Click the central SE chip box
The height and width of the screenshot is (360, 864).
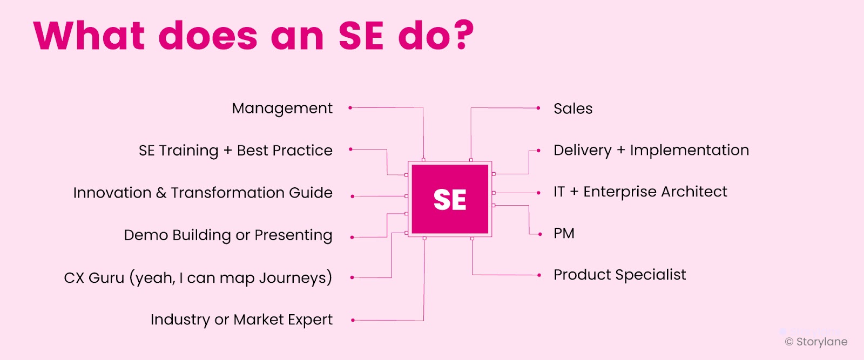click(450, 199)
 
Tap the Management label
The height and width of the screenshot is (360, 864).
click(282, 109)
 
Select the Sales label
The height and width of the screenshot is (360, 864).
click(573, 108)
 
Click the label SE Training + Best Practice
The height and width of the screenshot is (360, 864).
click(235, 151)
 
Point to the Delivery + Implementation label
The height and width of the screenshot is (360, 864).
click(651, 151)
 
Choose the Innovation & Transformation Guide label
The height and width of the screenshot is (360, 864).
click(203, 193)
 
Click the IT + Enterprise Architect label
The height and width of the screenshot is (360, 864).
click(640, 192)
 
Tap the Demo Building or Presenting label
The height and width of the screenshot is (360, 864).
click(228, 235)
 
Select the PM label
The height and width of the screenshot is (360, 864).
click(564, 234)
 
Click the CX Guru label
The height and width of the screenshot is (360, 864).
click(198, 278)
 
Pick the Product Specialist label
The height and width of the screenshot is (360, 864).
click(620, 275)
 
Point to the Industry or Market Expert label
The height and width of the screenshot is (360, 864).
click(241, 320)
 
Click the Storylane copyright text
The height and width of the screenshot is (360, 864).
click(816, 342)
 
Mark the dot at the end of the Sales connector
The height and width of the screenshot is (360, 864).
click(538, 108)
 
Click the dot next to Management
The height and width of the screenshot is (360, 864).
click(350, 107)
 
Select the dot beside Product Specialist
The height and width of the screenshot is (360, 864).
click(539, 275)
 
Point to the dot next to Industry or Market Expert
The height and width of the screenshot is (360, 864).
click(353, 320)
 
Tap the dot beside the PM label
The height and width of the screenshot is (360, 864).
click(540, 234)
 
